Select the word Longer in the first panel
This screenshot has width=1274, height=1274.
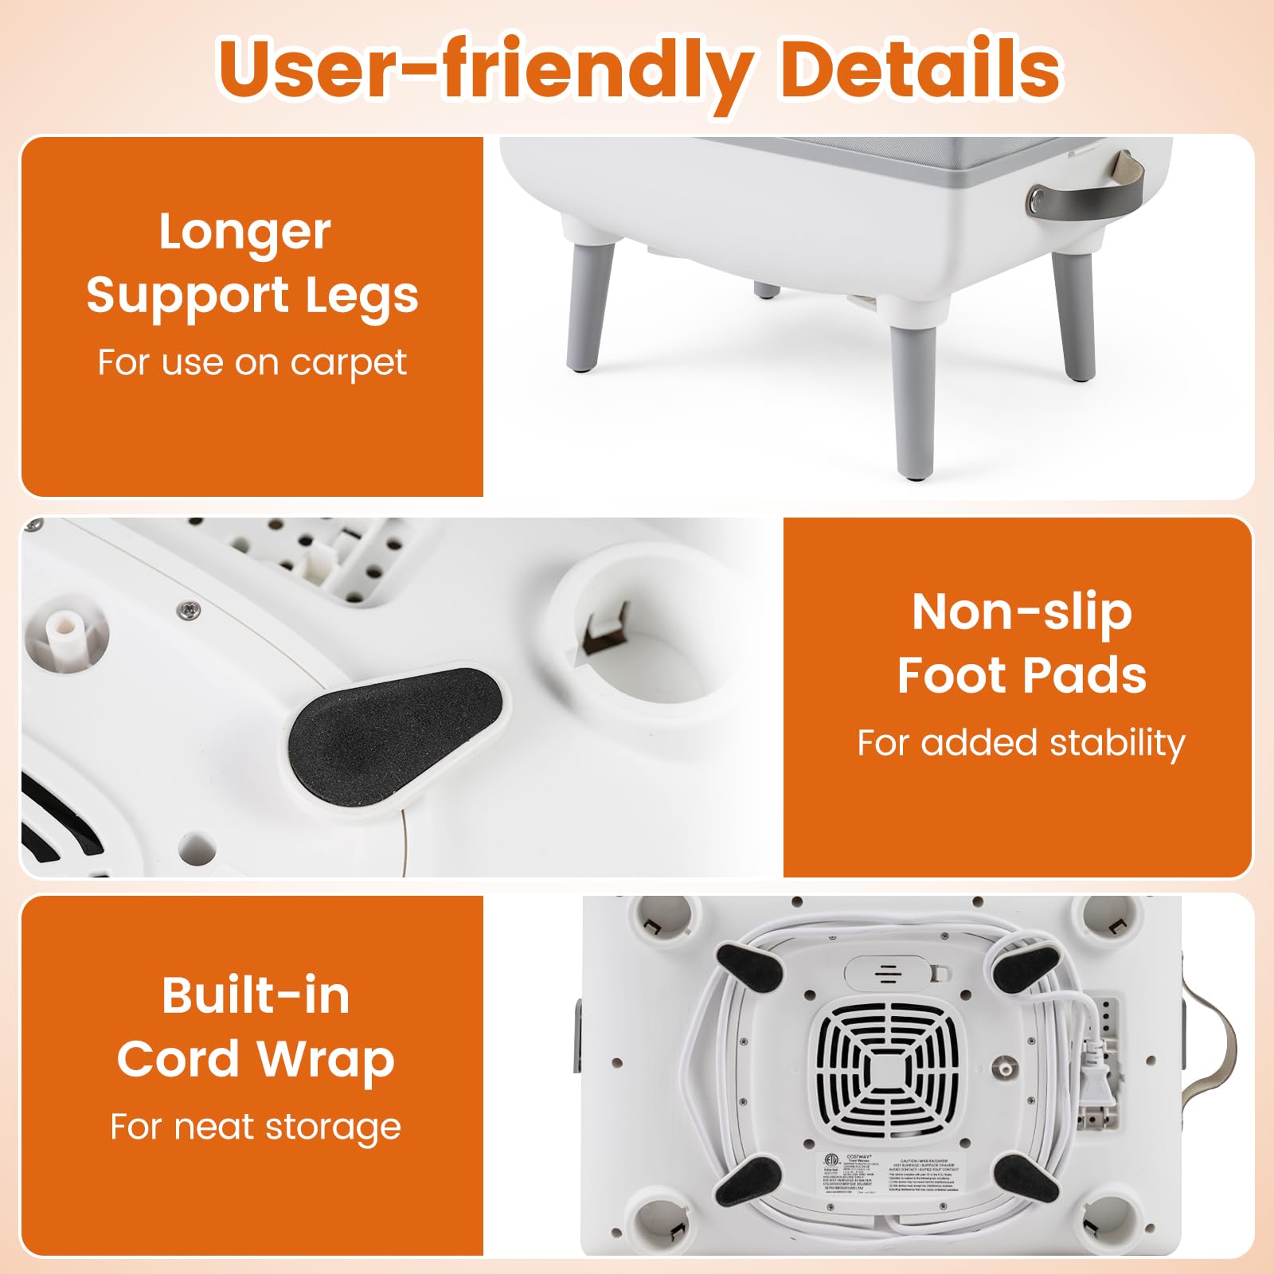pyautogui.click(x=244, y=232)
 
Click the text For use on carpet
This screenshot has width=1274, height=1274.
pyautogui.click(x=252, y=362)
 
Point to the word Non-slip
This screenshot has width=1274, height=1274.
pyautogui.click(x=1022, y=612)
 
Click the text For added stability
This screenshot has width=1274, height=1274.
pyautogui.click(x=1021, y=743)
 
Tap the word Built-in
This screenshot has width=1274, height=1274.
pyautogui.click(x=256, y=995)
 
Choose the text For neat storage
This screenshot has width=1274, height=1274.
pyautogui.click(x=256, y=1127)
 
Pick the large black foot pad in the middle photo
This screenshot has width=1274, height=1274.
pyautogui.click(x=395, y=726)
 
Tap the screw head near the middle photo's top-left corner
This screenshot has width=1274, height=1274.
pyautogui.click(x=188, y=609)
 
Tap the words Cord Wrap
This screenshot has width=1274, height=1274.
pyautogui.click(x=256, y=1059)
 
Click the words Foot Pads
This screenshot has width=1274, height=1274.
pyautogui.click(x=1022, y=676)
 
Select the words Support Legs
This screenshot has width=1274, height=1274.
pyautogui.click(x=252, y=295)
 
